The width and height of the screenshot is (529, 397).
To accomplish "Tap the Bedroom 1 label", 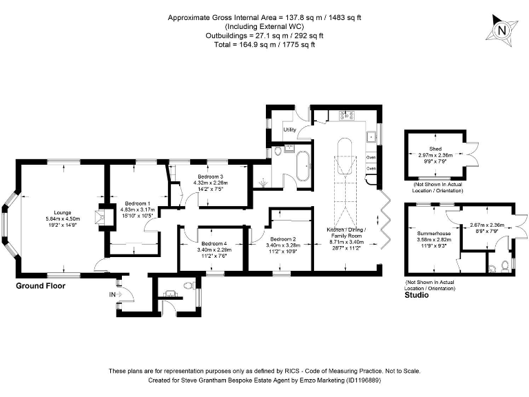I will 136,203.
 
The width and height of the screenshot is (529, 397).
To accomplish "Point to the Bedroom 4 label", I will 214,243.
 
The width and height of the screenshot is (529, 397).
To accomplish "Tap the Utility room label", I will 289,130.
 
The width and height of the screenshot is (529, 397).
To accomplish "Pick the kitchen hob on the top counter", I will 348,116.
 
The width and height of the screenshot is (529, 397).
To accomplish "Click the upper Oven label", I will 371,156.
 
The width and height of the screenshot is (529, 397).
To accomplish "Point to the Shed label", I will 435,147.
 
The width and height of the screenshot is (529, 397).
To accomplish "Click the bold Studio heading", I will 417,295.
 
